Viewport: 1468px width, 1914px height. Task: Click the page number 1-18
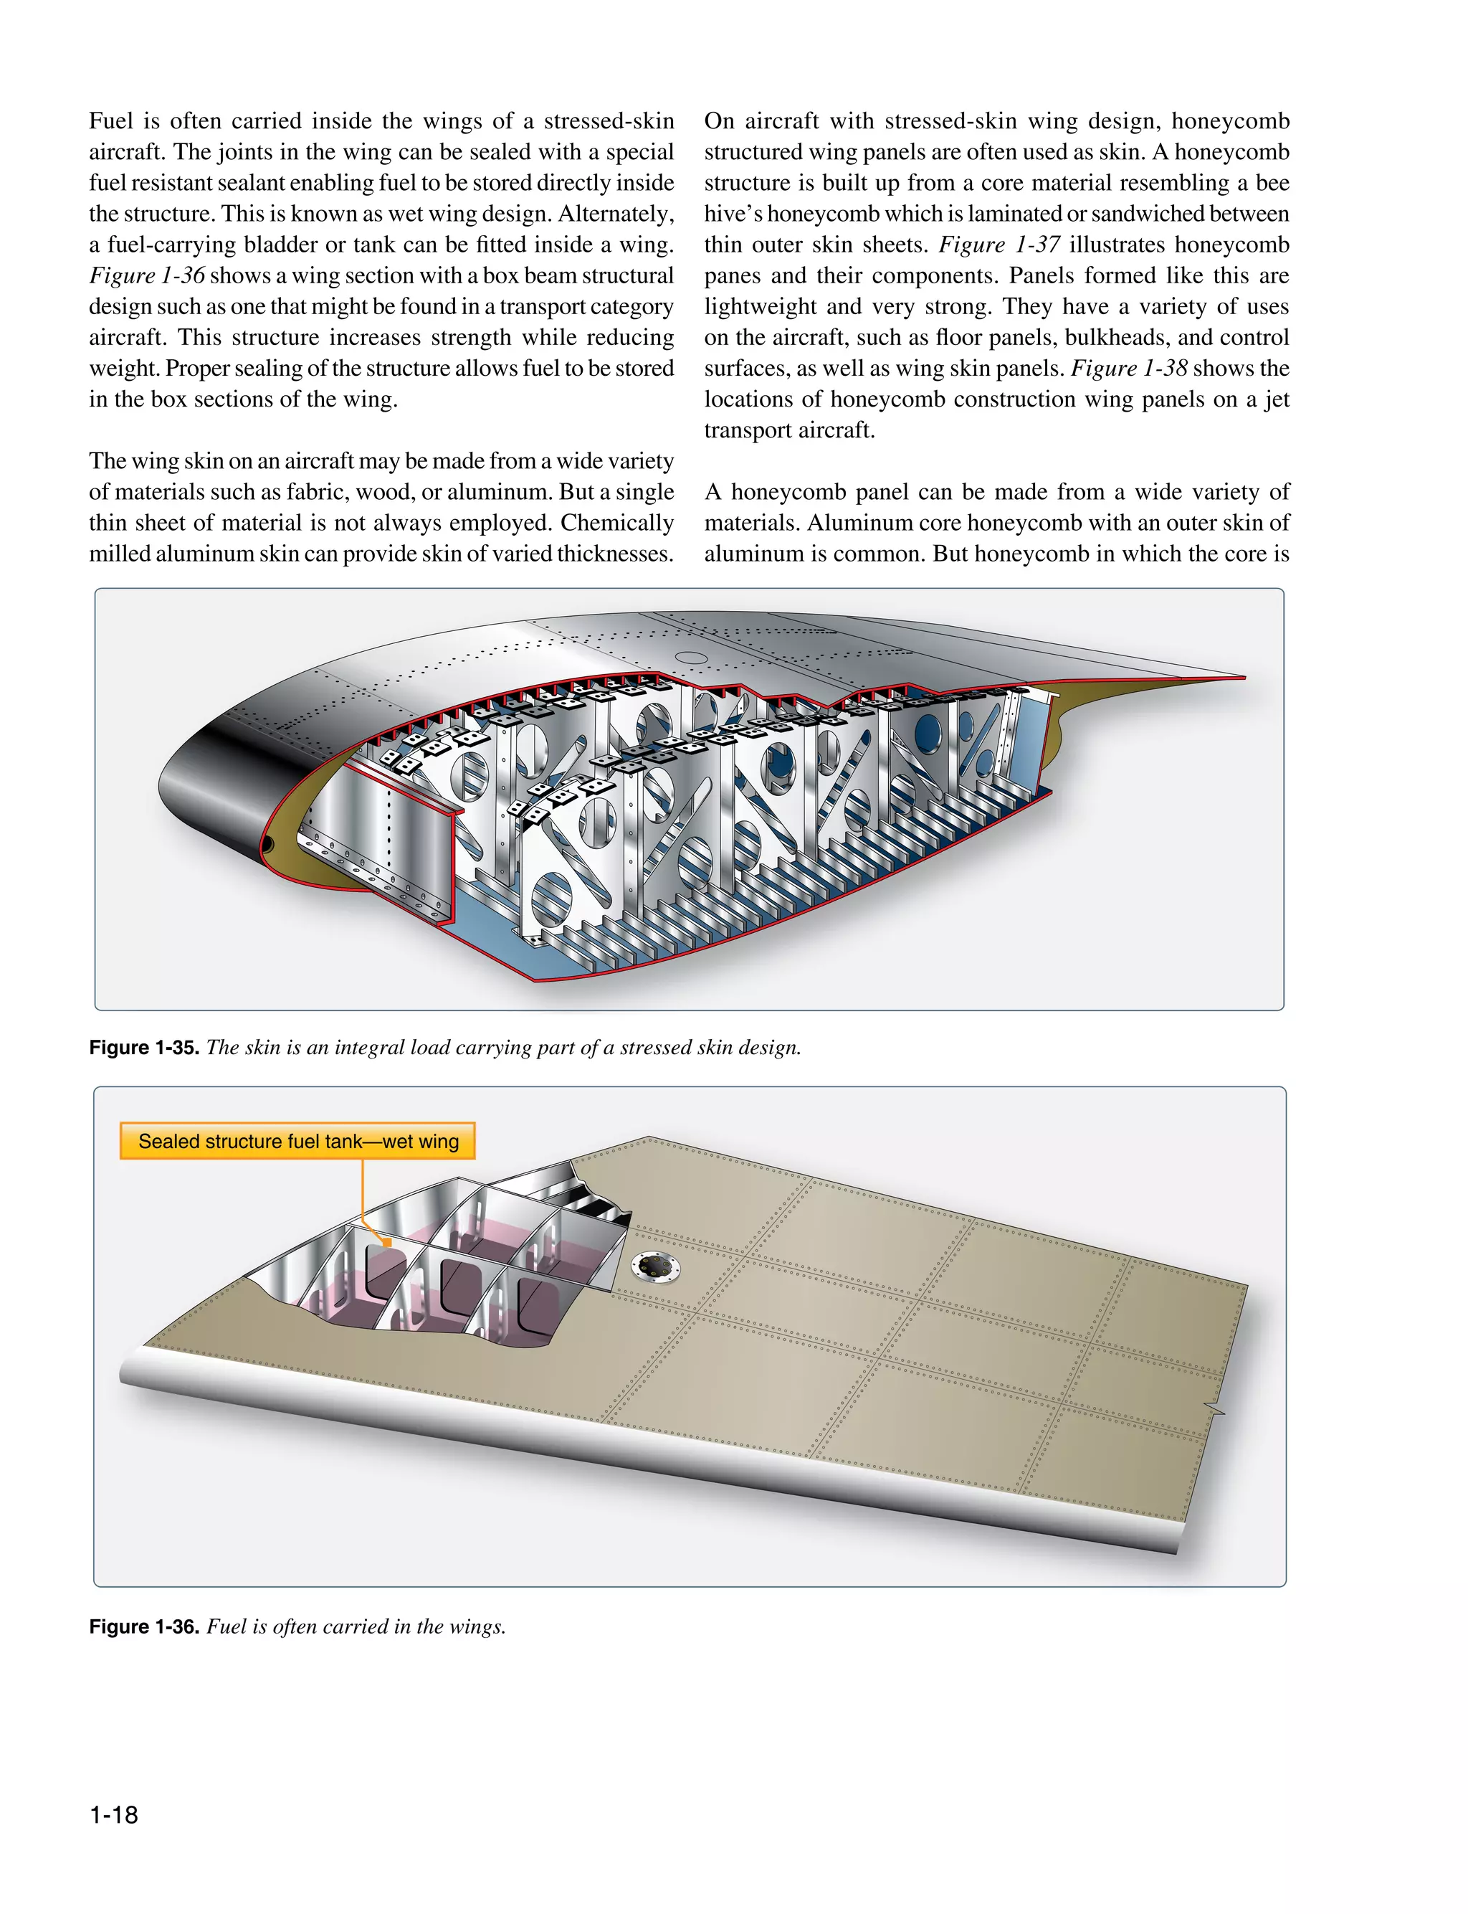pos(113,1814)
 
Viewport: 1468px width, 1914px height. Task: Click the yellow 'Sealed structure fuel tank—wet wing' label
pos(298,1142)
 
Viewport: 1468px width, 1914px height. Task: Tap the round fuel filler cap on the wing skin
pos(654,1267)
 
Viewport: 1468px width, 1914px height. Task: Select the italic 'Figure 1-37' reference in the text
pos(998,245)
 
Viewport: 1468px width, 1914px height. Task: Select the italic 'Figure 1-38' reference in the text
pos(1129,368)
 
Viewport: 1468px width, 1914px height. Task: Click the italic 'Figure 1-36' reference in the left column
pos(147,275)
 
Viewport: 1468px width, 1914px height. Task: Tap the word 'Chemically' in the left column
pos(617,523)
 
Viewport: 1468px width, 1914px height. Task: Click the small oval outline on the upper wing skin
pos(691,657)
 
